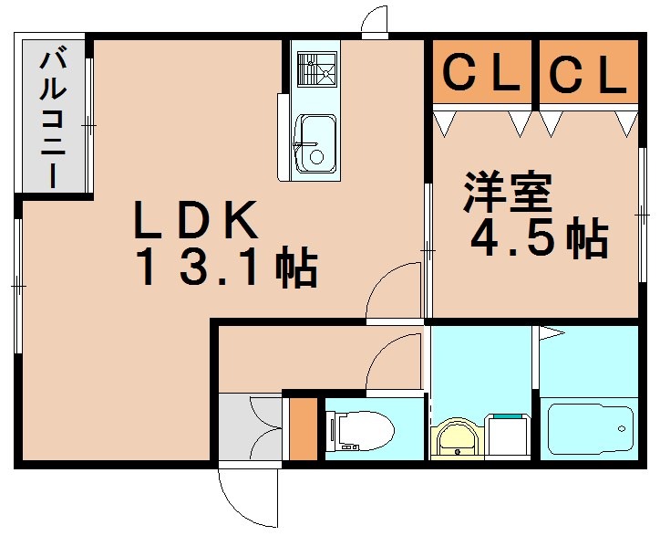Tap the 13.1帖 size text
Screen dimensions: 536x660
[227, 268]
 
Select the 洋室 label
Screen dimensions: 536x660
[508, 193]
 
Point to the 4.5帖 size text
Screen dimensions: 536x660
[538, 238]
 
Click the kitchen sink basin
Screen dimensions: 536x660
[315, 143]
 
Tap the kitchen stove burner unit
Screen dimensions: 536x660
[315, 69]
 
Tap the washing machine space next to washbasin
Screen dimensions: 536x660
[508, 436]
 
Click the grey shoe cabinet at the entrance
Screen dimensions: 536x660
[249, 427]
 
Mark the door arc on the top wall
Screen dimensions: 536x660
[374, 24]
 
